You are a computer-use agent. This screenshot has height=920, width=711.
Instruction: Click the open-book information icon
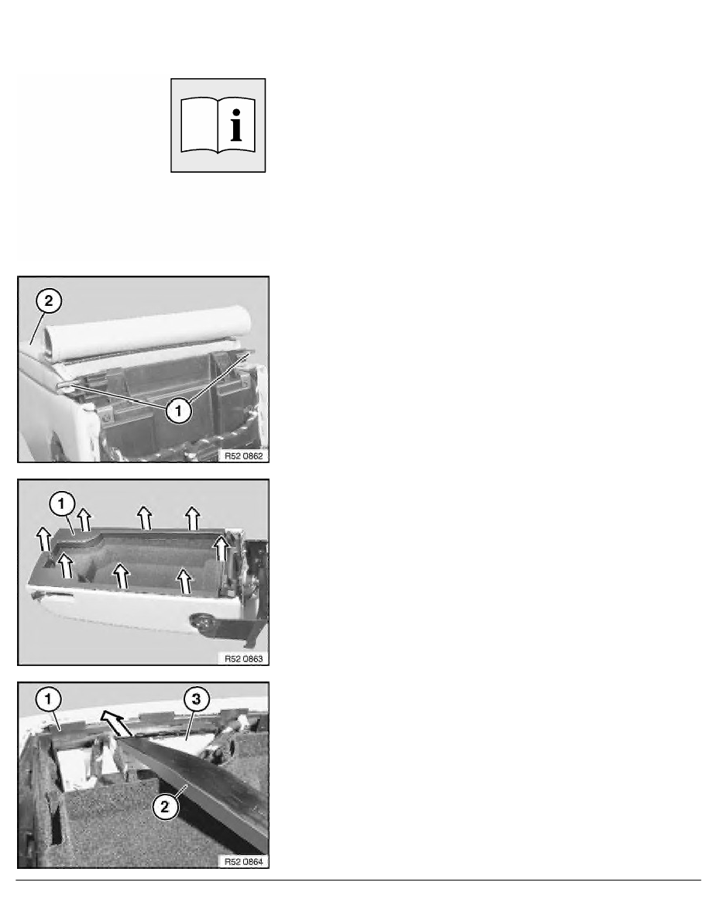[x=218, y=125]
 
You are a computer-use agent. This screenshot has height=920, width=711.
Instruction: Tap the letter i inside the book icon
[x=236, y=125]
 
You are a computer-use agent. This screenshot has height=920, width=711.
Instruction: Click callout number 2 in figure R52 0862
[x=49, y=301]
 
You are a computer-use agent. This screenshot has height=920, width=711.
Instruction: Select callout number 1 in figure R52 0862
[x=179, y=410]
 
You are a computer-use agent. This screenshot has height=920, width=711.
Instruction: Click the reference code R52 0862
[x=243, y=456]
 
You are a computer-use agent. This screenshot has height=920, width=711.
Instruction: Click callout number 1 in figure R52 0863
[x=62, y=503]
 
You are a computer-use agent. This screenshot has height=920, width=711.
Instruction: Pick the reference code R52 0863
[x=243, y=659]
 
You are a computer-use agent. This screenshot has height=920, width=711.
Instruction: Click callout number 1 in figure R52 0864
[x=49, y=699]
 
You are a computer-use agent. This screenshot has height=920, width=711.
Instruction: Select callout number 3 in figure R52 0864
[x=197, y=699]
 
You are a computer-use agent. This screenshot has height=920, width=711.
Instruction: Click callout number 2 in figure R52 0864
[x=165, y=807]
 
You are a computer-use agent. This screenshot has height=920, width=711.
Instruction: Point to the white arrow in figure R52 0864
[x=116, y=723]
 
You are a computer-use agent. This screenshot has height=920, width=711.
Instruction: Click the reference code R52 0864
[x=243, y=862]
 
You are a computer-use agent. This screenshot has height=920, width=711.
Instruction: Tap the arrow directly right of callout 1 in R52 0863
[x=85, y=520]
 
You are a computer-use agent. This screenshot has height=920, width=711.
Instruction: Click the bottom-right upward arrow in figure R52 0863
[x=185, y=580]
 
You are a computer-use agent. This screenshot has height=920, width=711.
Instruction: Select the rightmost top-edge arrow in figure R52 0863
[x=192, y=518]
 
